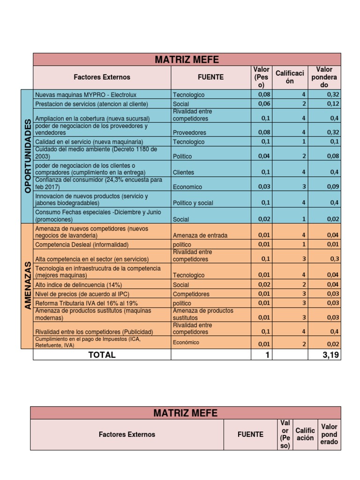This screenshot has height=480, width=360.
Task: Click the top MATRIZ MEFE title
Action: coord(187,60)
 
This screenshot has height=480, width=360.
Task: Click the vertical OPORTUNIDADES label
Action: coord(27,156)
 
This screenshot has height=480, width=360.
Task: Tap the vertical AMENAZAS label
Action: coord(27,285)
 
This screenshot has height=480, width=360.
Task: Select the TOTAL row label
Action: coord(102,355)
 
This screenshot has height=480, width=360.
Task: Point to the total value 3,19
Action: coord(330,355)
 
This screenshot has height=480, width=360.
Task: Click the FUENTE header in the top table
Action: coord(210,77)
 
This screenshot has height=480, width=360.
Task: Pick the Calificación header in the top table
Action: coord(290,77)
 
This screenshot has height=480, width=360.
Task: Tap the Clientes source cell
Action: coord(183,172)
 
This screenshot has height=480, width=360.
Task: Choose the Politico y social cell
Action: coord(193,203)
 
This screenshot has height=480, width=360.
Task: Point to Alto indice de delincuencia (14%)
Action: coord(79,285)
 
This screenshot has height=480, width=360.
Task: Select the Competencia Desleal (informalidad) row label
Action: coord(82,245)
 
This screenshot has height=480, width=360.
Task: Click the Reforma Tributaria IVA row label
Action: coord(87,303)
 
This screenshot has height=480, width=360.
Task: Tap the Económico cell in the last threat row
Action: coord(186,342)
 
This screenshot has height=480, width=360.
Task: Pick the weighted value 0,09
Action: coord(332,187)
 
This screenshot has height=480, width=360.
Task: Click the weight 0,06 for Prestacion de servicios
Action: coord(264,104)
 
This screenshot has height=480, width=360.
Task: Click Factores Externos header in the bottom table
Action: coord(127,435)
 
